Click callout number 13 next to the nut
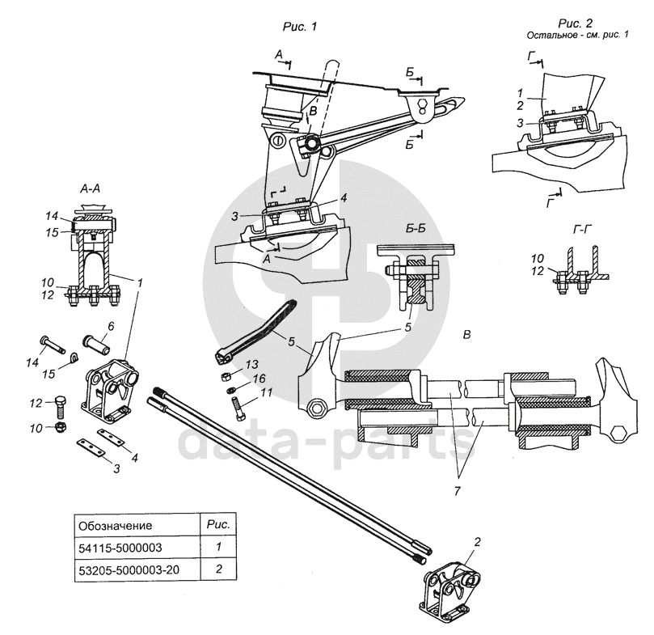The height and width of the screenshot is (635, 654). tap(252, 363)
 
